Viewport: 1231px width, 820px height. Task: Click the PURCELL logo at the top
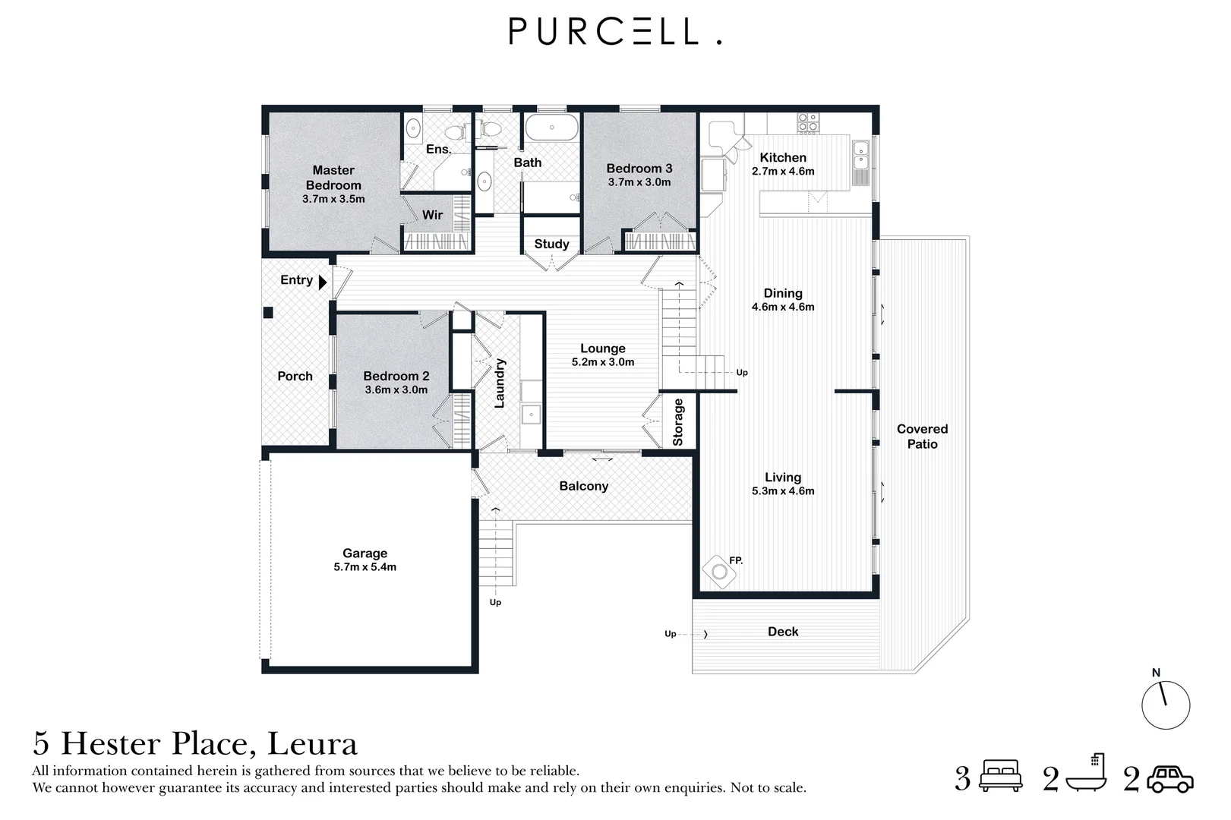coord(614,31)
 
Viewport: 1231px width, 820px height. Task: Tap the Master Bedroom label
coord(333,178)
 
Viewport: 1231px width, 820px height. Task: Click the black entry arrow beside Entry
coord(323,282)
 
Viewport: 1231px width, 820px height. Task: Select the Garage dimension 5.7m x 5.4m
coord(365,567)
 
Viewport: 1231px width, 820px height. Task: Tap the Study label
coord(551,244)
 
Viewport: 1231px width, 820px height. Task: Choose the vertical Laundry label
coord(499,383)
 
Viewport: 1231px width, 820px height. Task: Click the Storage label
coord(678,422)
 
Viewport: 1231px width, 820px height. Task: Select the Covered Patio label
coord(922,437)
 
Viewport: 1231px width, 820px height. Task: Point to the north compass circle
coord(1165,705)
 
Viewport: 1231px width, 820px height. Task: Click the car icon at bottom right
coord(1170,779)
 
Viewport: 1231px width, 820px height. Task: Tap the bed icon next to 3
coord(1002,777)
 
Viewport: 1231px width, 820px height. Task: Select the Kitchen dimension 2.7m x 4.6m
coord(783,172)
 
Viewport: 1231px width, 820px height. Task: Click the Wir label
coord(432,215)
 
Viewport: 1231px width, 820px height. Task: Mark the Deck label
coord(783,632)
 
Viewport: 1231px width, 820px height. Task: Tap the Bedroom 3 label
coord(639,169)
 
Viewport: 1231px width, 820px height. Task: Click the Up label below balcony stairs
coord(495,603)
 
